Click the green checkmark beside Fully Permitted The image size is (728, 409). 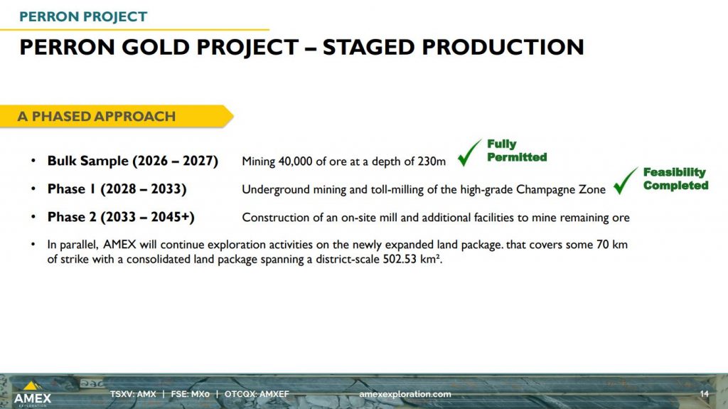click(468, 154)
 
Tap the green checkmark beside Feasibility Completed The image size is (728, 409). click(624, 182)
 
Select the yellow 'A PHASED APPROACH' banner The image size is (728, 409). click(116, 116)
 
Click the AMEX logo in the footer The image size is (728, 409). click(32, 394)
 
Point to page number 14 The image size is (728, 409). click(705, 393)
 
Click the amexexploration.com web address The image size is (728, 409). click(405, 394)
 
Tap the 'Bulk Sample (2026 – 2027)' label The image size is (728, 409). click(133, 161)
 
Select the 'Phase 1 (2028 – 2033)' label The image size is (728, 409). click(117, 189)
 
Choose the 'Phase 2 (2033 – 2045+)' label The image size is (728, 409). click(121, 217)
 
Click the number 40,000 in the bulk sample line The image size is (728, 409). click(295, 161)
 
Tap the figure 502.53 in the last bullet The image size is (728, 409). click(400, 259)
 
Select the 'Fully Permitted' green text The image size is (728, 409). click(517, 151)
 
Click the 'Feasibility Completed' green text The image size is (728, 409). click(675, 179)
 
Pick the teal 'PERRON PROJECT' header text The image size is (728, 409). click(83, 17)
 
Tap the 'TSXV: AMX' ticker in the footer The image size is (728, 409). click(133, 394)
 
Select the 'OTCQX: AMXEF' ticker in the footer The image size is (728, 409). click(257, 394)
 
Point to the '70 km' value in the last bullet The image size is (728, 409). click(612, 245)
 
